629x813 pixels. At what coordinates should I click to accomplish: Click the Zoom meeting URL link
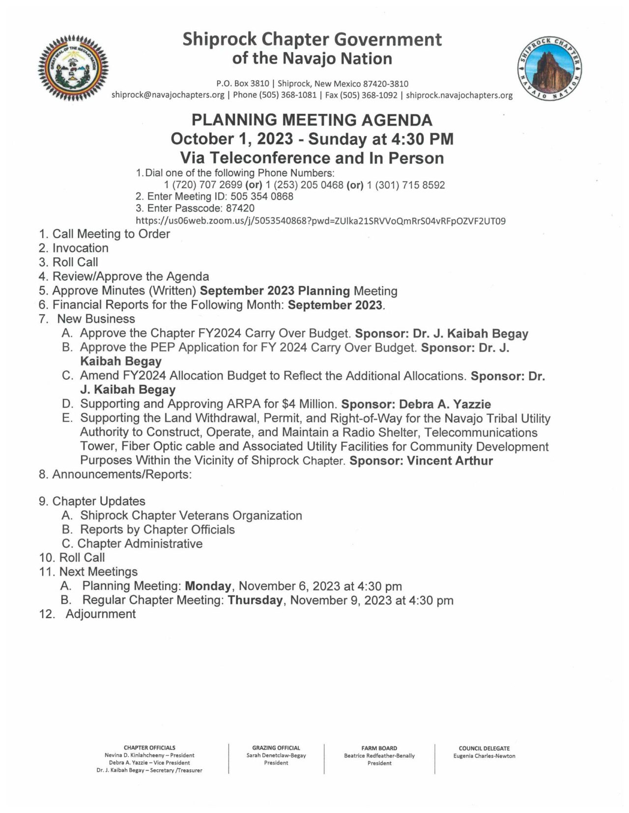point(320,221)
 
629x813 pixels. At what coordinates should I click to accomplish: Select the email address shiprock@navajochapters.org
point(168,95)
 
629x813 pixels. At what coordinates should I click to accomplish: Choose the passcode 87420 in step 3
point(240,208)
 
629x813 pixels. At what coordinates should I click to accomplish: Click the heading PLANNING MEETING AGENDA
point(312,120)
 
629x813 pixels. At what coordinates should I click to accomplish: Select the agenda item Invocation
point(80,248)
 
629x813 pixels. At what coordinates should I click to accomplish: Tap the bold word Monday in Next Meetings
point(208,586)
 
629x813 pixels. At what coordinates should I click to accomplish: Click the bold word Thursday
point(255,600)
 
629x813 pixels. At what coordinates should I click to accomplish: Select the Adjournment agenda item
point(100,614)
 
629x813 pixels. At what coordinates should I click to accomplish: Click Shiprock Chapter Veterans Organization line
point(191,515)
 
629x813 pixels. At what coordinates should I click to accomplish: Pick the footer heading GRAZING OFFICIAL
point(276,748)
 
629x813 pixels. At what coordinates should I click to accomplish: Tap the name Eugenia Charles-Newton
point(484,756)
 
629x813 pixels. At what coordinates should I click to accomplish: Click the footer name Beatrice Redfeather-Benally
point(379,756)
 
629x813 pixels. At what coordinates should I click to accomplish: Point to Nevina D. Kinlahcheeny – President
point(149,756)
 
